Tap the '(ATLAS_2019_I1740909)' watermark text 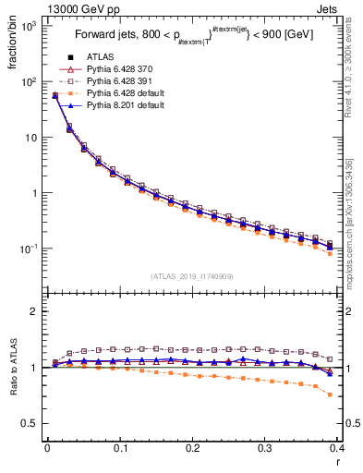click(x=190, y=276)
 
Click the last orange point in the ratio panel click(x=331, y=394)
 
